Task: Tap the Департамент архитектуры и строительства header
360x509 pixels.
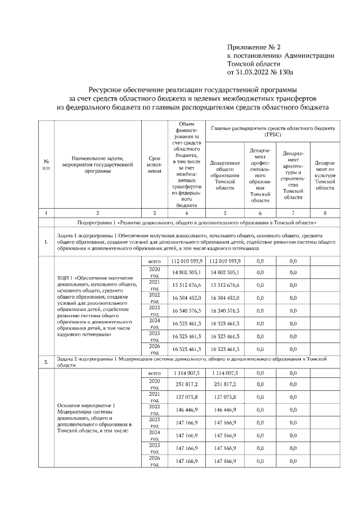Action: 293,175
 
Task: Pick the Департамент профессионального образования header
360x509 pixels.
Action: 260,175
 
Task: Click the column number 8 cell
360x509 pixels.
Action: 325,213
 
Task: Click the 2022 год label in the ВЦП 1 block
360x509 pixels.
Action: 154,298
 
